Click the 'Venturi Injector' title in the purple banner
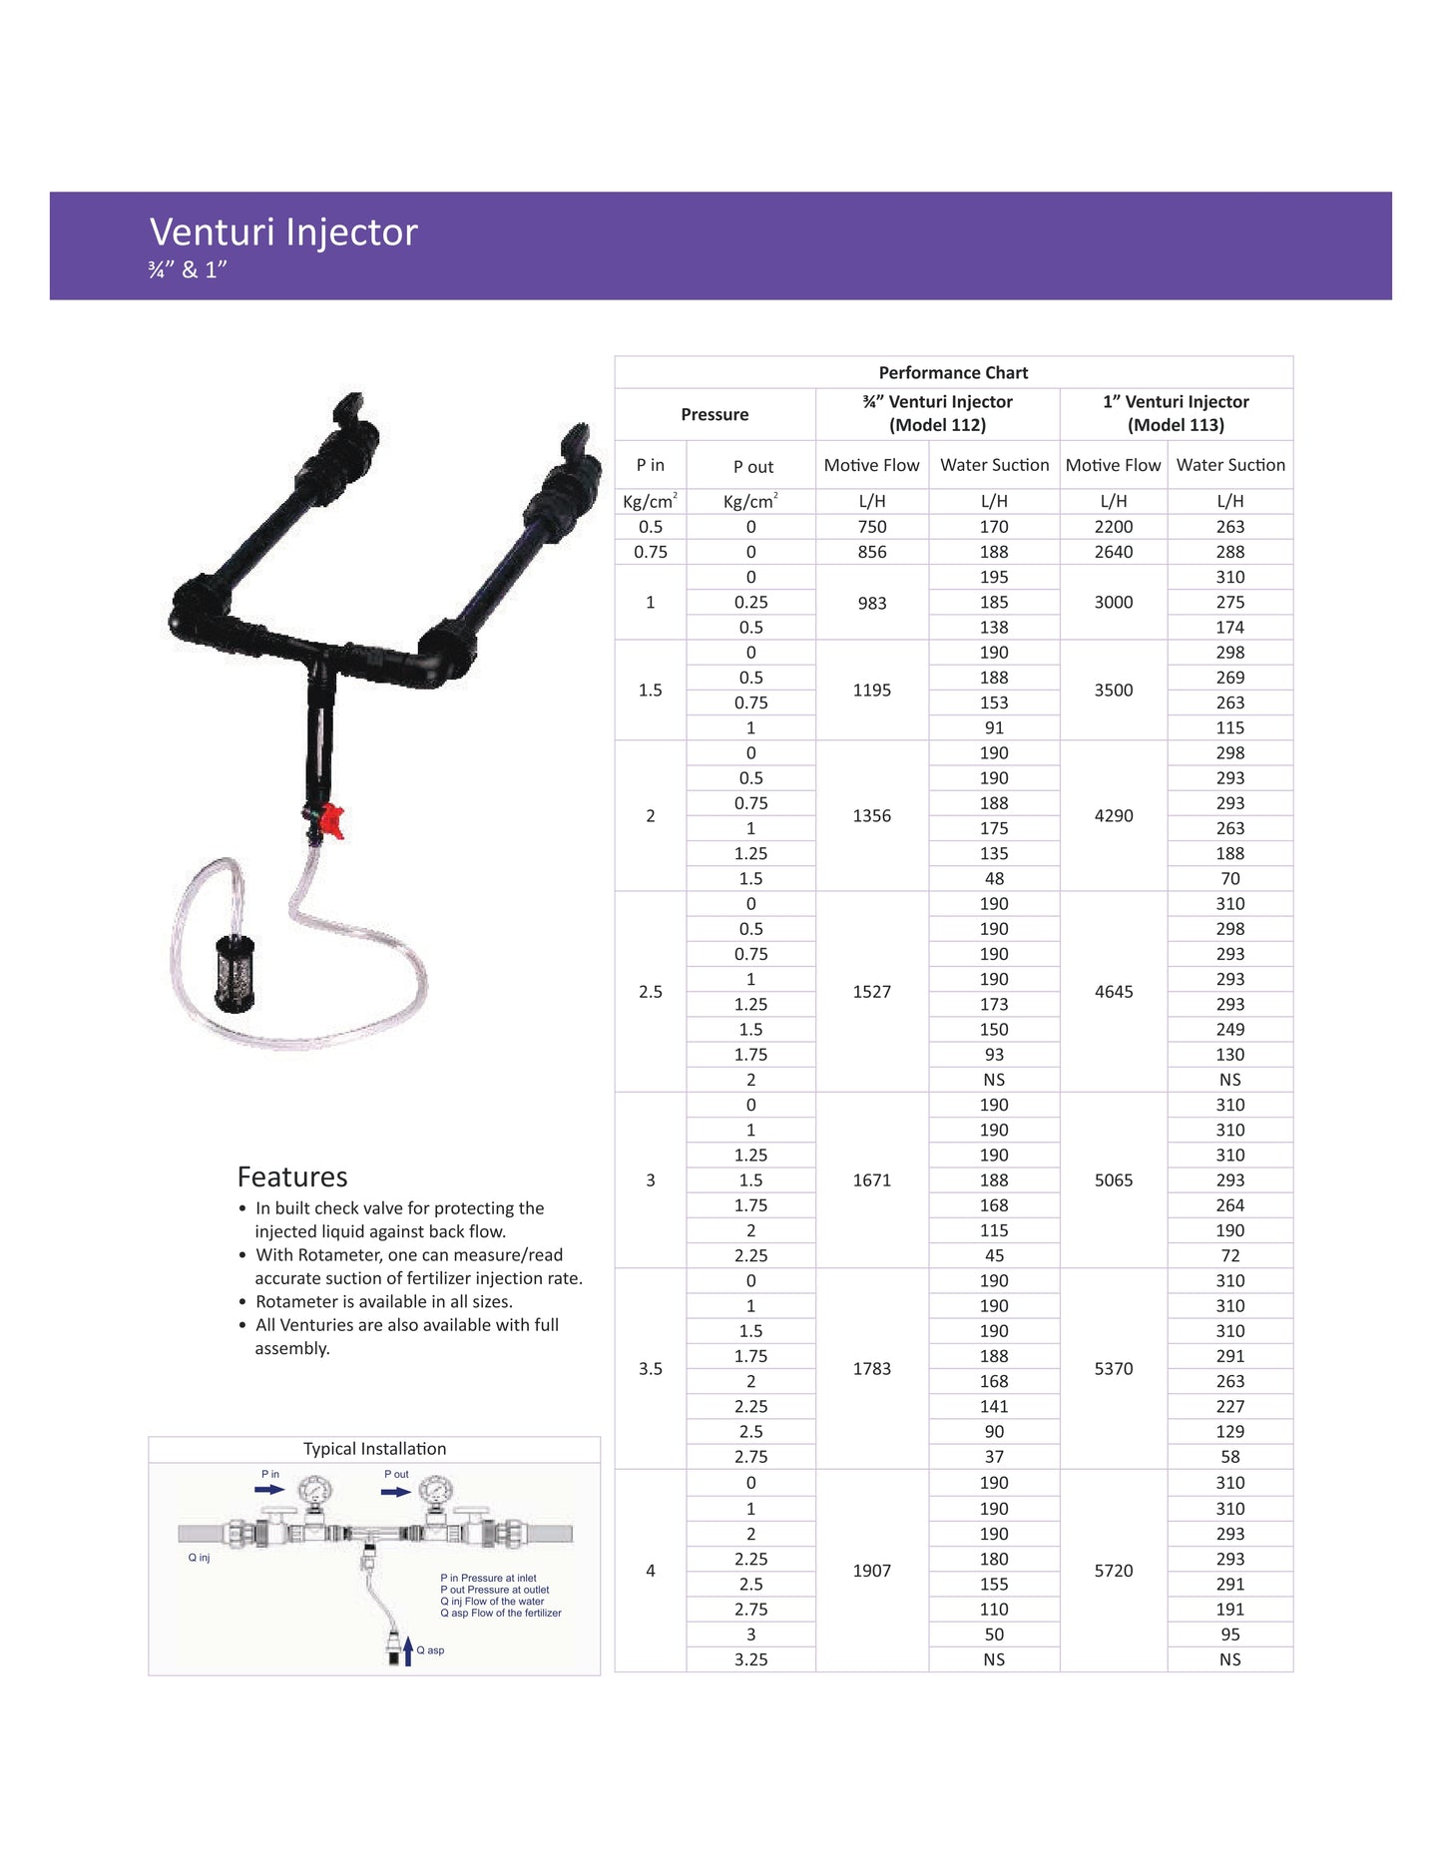tap(283, 233)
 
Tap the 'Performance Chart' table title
tap(953, 373)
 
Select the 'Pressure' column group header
tap(715, 414)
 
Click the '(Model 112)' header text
tap(937, 425)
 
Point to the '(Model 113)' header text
tap(1176, 425)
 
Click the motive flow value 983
tap(871, 603)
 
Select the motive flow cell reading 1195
tap(871, 690)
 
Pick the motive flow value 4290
tap(1113, 815)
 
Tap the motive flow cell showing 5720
tap(1113, 1571)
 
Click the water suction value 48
tap(994, 879)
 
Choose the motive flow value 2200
tap(1113, 527)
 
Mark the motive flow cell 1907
tap(871, 1571)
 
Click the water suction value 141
tap(994, 1407)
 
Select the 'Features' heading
tap(292, 1177)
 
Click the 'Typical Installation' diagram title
tap(374, 1449)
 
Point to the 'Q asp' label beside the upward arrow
tap(430, 1650)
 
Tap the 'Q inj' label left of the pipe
tap(199, 1558)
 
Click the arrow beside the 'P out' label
tap(396, 1492)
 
